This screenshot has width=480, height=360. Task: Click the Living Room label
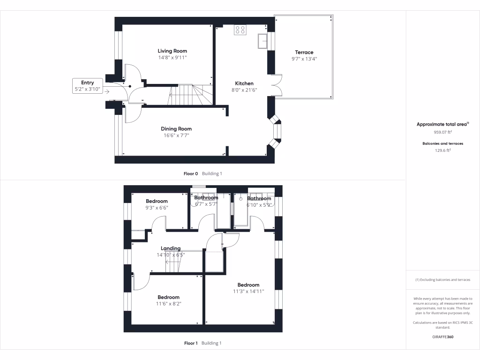click(x=172, y=51)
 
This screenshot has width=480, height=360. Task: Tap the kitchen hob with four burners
click(x=240, y=30)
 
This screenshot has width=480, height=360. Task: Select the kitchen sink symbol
click(x=262, y=42)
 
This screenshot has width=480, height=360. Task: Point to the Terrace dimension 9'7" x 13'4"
click(x=304, y=59)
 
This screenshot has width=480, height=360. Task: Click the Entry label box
click(x=88, y=85)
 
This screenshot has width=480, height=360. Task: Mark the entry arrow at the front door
click(x=108, y=91)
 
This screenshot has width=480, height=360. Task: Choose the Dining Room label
click(x=176, y=128)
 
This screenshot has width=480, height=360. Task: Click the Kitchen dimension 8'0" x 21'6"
click(x=244, y=90)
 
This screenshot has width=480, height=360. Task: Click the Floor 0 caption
click(x=191, y=173)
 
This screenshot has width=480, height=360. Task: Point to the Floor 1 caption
click(x=191, y=343)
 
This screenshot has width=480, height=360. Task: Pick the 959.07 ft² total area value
click(x=442, y=132)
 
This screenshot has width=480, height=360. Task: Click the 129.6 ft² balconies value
click(x=442, y=150)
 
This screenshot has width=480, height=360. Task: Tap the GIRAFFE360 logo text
click(x=442, y=337)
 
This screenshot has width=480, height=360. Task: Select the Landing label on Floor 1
click(x=171, y=248)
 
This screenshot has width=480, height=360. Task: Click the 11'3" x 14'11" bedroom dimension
click(x=248, y=291)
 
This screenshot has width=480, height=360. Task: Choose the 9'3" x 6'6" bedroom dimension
click(x=157, y=208)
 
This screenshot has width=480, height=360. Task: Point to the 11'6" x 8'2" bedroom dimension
click(x=168, y=303)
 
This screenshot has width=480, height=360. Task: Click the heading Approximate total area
click(x=442, y=124)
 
